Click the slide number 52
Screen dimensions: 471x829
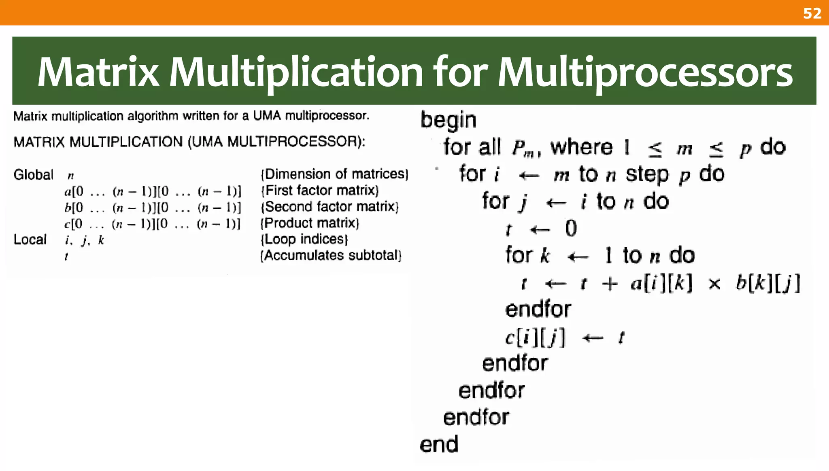(x=812, y=13)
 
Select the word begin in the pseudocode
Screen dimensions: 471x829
(x=448, y=121)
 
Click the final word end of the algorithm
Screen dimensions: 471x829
(x=439, y=444)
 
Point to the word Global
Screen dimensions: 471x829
(x=33, y=175)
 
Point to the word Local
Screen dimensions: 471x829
(x=30, y=240)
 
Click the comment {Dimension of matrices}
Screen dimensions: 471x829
(x=334, y=174)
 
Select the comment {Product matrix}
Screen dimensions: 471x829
(x=310, y=223)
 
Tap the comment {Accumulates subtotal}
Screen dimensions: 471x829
(x=331, y=255)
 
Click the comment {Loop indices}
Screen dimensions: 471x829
(x=304, y=239)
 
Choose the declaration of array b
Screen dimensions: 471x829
(x=153, y=208)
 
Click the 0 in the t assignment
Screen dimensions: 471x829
(x=571, y=229)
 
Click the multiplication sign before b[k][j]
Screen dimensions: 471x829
(x=714, y=284)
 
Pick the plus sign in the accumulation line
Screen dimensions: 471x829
(x=610, y=284)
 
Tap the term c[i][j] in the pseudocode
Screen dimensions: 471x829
(x=535, y=337)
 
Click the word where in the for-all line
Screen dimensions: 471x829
(x=581, y=147)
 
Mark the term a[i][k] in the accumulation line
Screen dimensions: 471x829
(x=661, y=283)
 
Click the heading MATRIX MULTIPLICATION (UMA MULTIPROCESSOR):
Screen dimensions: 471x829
(x=189, y=142)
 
